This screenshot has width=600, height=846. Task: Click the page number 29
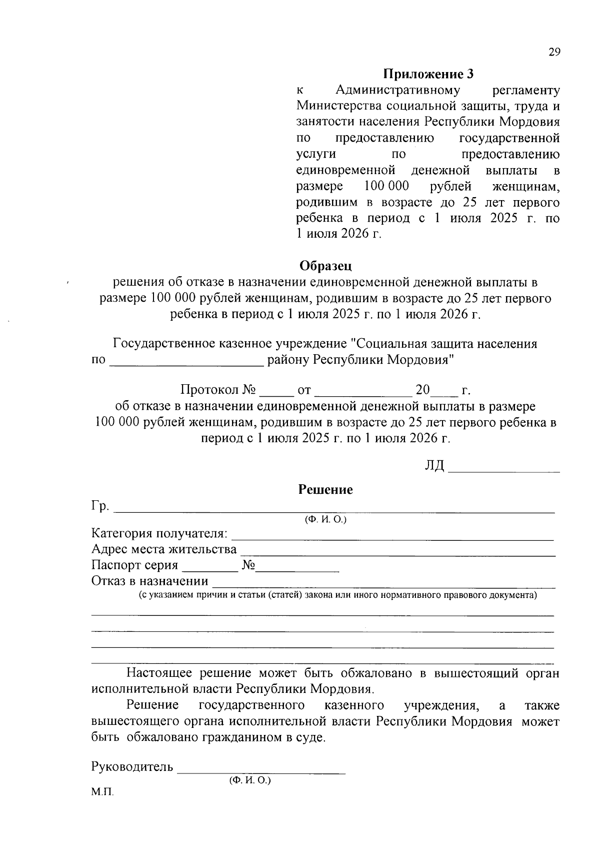click(x=554, y=53)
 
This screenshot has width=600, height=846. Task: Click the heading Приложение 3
click(x=428, y=75)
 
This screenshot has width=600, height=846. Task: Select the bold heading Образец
click(x=325, y=265)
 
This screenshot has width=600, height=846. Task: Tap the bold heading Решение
click(x=325, y=489)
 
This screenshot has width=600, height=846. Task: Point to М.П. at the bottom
click(x=102, y=793)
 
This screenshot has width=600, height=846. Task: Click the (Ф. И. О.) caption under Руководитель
click(x=250, y=780)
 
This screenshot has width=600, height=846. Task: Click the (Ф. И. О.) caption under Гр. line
click(x=325, y=520)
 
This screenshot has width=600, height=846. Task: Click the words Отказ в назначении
click(x=149, y=581)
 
